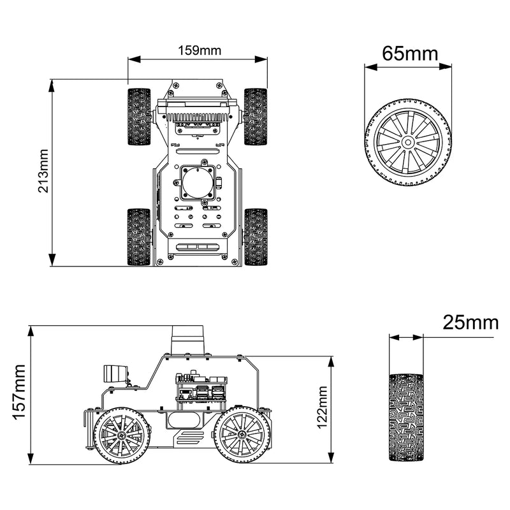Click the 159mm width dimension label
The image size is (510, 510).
point(197,50)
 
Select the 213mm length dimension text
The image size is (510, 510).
point(43,173)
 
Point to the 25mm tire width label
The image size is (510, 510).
point(470,323)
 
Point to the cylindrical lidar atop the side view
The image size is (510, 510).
point(188,340)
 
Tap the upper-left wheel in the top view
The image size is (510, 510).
point(139,117)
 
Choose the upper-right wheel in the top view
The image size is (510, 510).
point(255,117)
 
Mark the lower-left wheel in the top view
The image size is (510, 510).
point(139,237)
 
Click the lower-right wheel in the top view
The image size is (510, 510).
point(255,237)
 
